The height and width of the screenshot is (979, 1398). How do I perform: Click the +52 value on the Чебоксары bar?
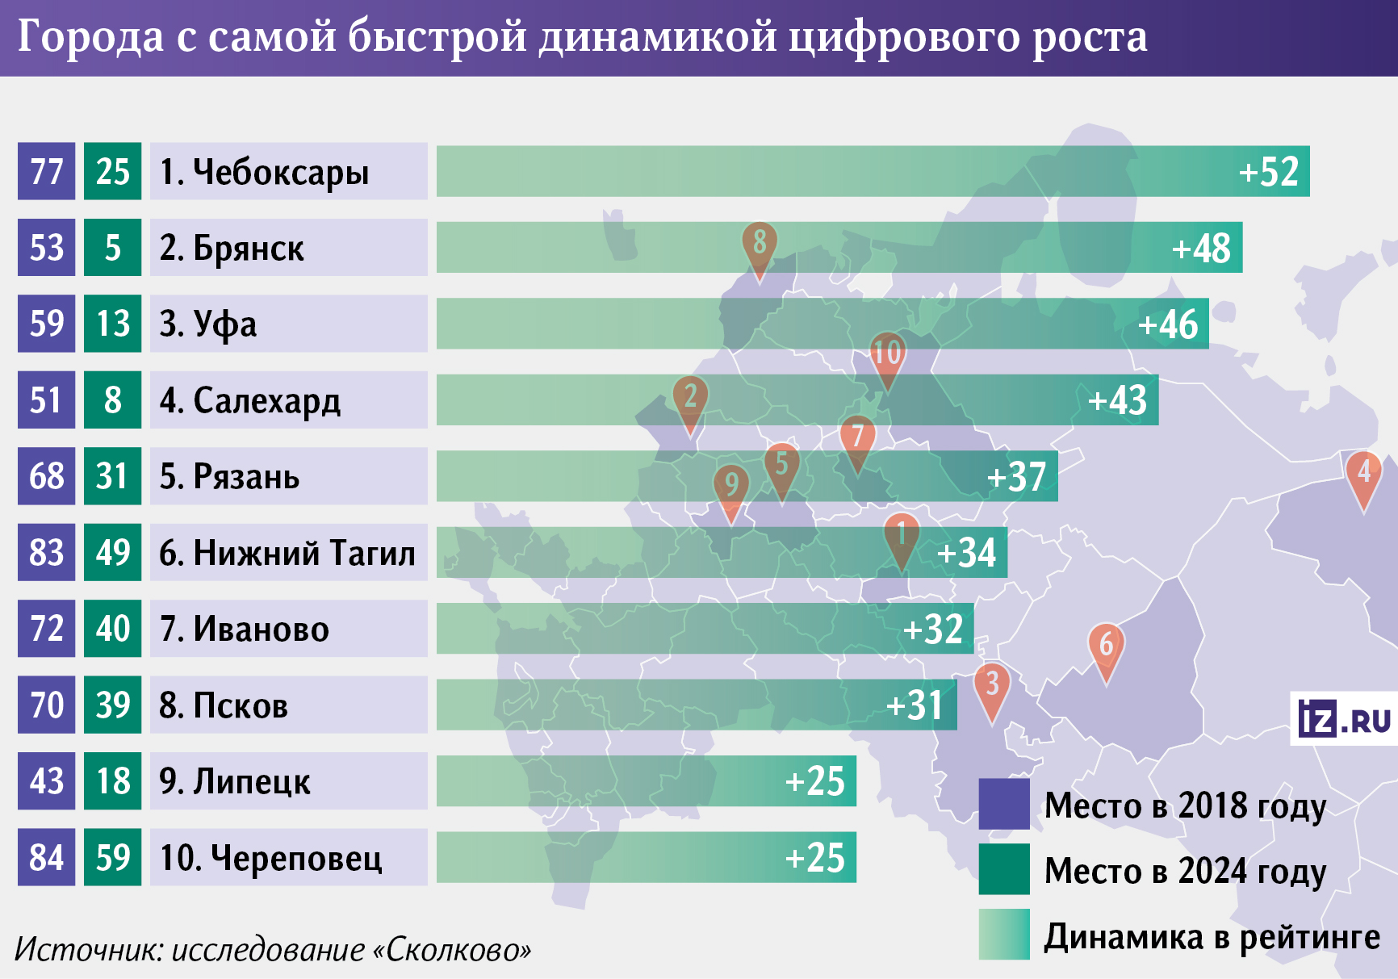(x=1268, y=171)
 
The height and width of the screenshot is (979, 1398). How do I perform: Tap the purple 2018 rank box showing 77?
(x=46, y=171)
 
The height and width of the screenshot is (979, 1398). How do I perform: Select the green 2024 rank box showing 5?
(x=112, y=248)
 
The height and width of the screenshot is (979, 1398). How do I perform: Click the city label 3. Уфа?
(x=208, y=324)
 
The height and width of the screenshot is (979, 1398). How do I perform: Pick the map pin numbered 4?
(x=1363, y=475)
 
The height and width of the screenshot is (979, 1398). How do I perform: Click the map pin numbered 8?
(x=760, y=245)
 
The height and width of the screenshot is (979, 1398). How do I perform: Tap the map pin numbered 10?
(x=887, y=355)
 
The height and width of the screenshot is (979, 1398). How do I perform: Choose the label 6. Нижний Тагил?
(x=287, y=553)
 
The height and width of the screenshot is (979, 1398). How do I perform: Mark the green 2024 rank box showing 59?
(x=112, y=857)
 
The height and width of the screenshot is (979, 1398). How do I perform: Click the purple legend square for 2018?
(x=1003, y=804)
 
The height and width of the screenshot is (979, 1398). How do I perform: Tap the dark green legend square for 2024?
(x=1003, y=869)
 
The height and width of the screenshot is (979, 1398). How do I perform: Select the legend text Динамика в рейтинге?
(x=1212, y=936)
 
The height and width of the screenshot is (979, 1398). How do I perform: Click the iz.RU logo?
(x=1344, y=718)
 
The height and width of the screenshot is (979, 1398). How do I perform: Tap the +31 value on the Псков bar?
(x=914, y=705)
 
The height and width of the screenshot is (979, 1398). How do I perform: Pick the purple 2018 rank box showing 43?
(x=46, y=781)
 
